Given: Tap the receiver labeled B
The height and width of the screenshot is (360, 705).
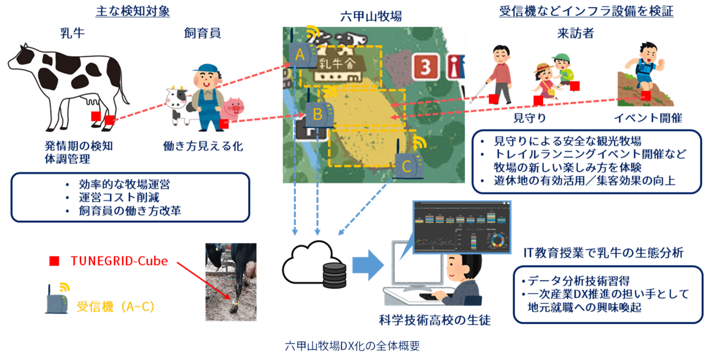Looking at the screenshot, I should [x=317, y=114].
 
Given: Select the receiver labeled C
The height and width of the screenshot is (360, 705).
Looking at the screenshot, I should [x=406, y=165].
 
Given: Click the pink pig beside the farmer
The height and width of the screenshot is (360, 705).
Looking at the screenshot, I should [x=234, y=108].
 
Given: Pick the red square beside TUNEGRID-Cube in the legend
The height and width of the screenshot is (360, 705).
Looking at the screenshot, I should [x=54, y=261].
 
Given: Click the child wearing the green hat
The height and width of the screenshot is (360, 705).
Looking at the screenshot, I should [x=562, y=69].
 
